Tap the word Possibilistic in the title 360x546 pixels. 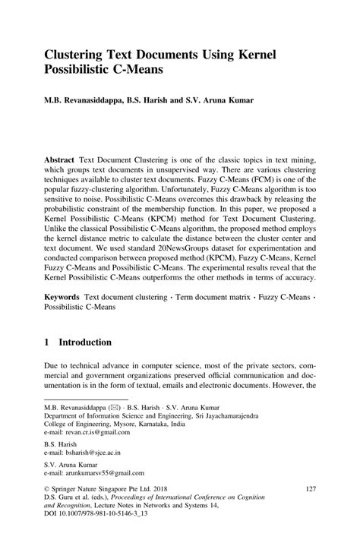84,70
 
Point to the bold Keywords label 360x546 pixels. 63,293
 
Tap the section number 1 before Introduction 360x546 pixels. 47,342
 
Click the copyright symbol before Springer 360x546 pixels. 47,490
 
